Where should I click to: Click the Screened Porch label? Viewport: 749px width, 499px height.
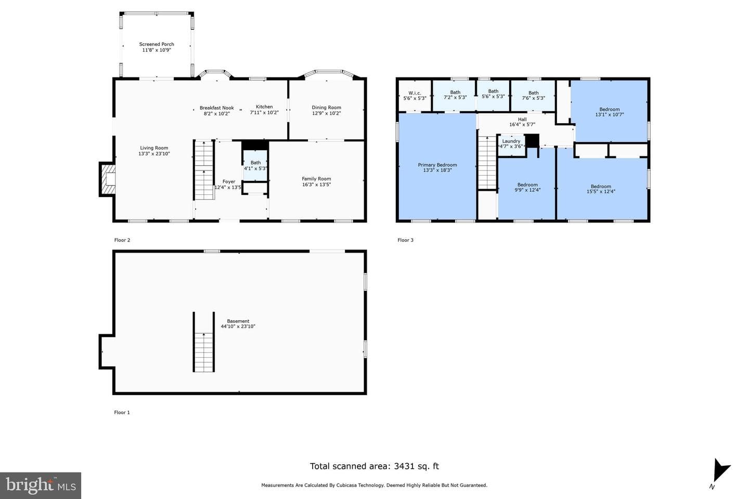pyautogui.click(x=157, y=44)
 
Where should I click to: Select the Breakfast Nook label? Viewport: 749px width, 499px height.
pyautogui.click(x=217, y=108)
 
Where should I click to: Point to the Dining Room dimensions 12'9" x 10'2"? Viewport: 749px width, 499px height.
pyautogui.click(x=326, y=113)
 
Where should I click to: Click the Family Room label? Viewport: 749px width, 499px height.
pyautogui.click(x=316, y=179)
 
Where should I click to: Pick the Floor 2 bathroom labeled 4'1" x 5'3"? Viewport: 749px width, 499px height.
pyautogui.click(x=255, y=165)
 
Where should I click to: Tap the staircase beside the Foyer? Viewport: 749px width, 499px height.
pyautogui.click(x=204, y=170)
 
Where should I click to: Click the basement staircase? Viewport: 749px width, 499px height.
pyautogui.click(x=204, y=342)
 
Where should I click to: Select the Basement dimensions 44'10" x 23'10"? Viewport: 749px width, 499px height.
pyautogui.click(x=238, y=326)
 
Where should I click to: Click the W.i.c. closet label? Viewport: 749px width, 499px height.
pyautogui.click(x=415, y=93)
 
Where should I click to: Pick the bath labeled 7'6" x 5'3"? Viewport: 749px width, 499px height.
pyautogui.click(x=533, y=96)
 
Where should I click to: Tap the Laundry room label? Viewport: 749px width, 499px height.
pyautogui.click(x=511, y=141)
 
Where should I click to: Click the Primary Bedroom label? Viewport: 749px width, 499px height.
pyautogui.click(x=437, y=165)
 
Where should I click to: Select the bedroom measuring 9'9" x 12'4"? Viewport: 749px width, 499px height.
pyautogui.click(x=526, y=184)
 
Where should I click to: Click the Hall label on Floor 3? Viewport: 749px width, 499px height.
pyautogui.click(x=522, y=120)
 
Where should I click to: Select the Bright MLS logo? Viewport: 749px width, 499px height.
pyautogui.click(x=41, y=485)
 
